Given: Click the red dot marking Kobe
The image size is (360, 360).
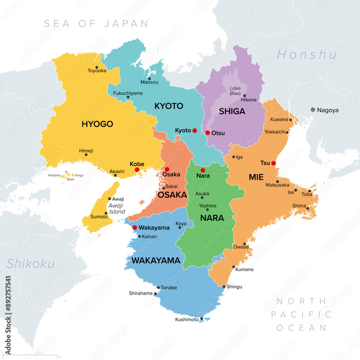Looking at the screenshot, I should coord(137,170).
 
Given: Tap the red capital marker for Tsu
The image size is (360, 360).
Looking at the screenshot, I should coord(273,163).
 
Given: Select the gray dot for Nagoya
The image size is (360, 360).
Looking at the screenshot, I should coord(313,110).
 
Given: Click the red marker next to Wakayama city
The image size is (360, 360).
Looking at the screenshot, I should coord(135,228).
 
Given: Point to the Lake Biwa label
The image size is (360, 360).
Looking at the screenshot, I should coord(235,91).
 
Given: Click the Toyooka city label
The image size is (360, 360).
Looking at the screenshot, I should coord(97,71).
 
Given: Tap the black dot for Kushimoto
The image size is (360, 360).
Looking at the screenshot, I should coord(202,318).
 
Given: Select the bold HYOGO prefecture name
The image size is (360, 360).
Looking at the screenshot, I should coord(97,124).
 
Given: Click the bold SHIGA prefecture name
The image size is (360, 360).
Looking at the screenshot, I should coord(232,112).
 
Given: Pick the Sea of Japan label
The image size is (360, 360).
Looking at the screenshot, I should coord(96,24).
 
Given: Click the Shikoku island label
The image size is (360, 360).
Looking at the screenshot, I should coord(31,264).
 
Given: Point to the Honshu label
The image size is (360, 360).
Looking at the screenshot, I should coord(307,54).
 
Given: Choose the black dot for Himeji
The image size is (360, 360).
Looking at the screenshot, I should coord(86,154).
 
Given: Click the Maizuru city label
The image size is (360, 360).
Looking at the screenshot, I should coord(149,82).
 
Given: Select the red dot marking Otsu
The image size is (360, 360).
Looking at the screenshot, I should coord(208,132).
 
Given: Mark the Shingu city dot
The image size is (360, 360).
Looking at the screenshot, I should coord(224,287).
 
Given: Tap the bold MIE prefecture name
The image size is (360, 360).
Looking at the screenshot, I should coord(256,177).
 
